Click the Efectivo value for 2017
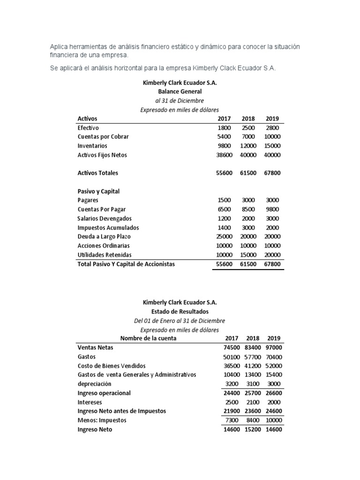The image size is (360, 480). pyautogui.click(x=225, y=127)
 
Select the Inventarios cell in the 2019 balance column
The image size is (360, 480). pyautogui.click(x=272, y=146)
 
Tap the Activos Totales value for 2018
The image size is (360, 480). pyautogui.click(x=249, y=173)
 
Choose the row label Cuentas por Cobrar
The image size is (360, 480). pyautogui.click(x=103, y=137)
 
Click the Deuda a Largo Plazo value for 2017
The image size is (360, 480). pyautogui.click(x=223, y=237)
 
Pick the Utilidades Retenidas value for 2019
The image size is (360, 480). pyautogui.click(x=272, y=255)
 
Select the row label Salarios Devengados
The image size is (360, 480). pyautogui.click(x=105, y=218)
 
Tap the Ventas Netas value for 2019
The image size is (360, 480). pyautogui.click(x=274, y=348)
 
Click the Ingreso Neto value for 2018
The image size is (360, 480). pyautogui.click(x=253, y=429)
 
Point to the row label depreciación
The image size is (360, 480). pyautogui.click(x=94, y=384)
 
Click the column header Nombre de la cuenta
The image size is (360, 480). pyautogui.click(x=148, y=338)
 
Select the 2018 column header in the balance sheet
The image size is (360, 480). pyautogui.click(x=249, y=119)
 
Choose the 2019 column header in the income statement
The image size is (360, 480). pyautogui.click(x=274, y=338)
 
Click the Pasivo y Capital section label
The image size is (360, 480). pyautogui.click(x=98, y=191)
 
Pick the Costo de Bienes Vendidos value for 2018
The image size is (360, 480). pyautogui.click(x=253, y=366)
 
